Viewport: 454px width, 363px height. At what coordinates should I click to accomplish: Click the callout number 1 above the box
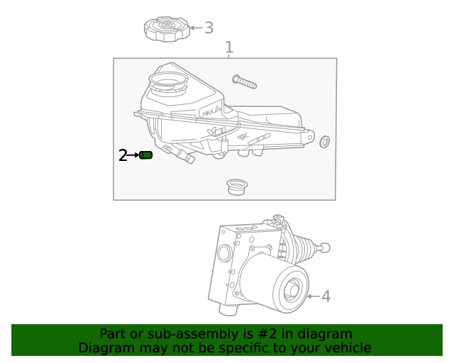229,48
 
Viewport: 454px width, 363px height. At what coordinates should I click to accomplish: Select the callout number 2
123,155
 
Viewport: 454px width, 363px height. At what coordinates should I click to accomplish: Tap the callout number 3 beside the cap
209,28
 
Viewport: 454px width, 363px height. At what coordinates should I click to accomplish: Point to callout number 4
326,296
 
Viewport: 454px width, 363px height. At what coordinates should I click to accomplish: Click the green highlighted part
146,155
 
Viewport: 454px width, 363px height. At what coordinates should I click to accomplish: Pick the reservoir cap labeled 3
167,30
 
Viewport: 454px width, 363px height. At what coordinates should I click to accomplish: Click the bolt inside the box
243,82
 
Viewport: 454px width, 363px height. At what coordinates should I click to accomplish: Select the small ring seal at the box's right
325,141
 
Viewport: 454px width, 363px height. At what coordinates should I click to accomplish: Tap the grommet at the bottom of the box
237,187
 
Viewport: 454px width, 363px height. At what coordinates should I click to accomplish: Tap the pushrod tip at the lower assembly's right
326,247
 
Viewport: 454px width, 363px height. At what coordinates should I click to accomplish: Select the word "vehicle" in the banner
348,348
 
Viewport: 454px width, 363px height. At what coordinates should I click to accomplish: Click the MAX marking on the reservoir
211,111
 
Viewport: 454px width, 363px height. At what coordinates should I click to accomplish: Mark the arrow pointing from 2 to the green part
133,155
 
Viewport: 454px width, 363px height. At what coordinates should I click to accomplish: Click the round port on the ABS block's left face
224,254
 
